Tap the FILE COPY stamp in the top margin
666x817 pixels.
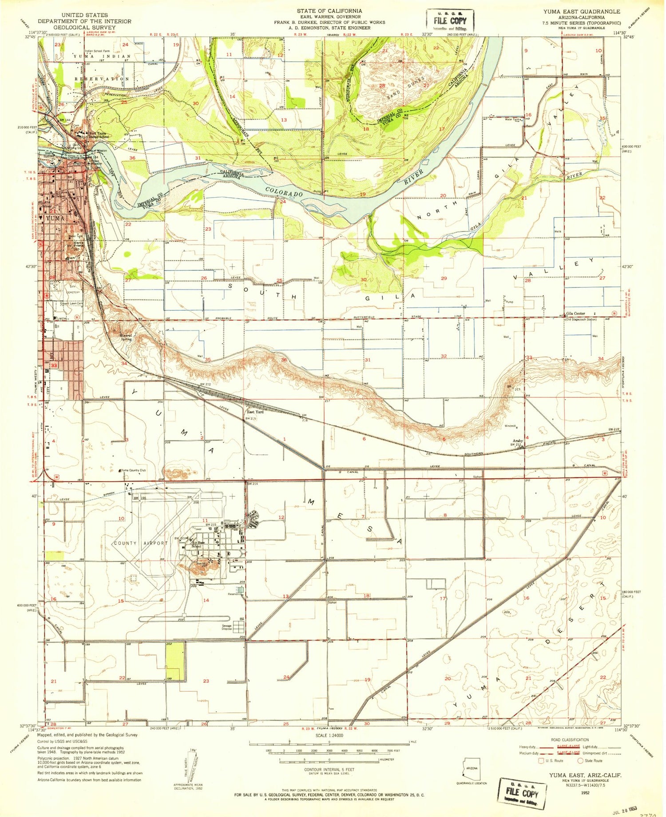[x=450, y=20]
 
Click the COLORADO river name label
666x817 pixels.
[x=284, y=191]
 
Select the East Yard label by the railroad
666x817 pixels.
[x=255, y=412]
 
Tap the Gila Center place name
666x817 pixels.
[x=575, y=313]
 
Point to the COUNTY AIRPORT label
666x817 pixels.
[x=135, y=543]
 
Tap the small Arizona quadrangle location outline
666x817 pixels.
[x=471, y=769]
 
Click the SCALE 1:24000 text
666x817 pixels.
[x=329, y=736]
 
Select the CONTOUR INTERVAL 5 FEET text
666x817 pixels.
[x=329, y=769]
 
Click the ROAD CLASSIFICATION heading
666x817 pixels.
[x=570, y=740]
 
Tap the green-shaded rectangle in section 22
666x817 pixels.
[x=175, y=660]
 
